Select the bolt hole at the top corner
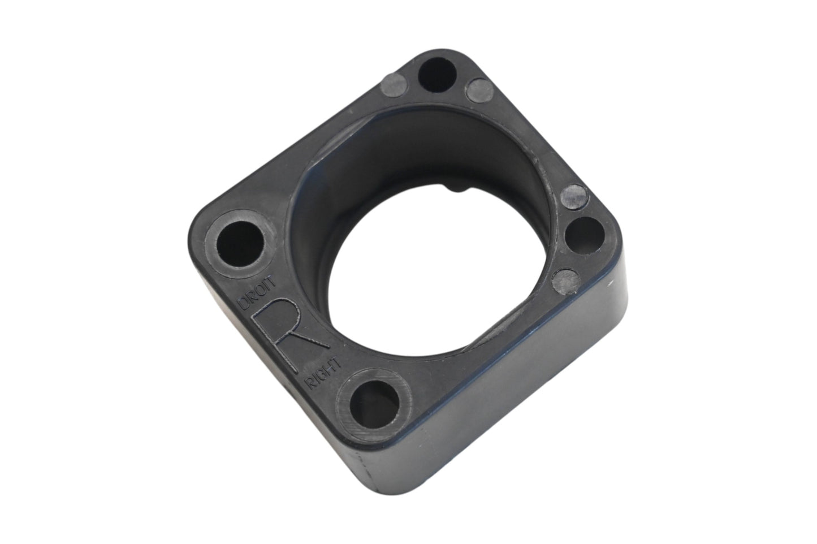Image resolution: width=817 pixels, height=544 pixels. point(437,75)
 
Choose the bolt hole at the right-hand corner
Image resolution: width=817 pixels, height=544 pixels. point(584,235)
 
